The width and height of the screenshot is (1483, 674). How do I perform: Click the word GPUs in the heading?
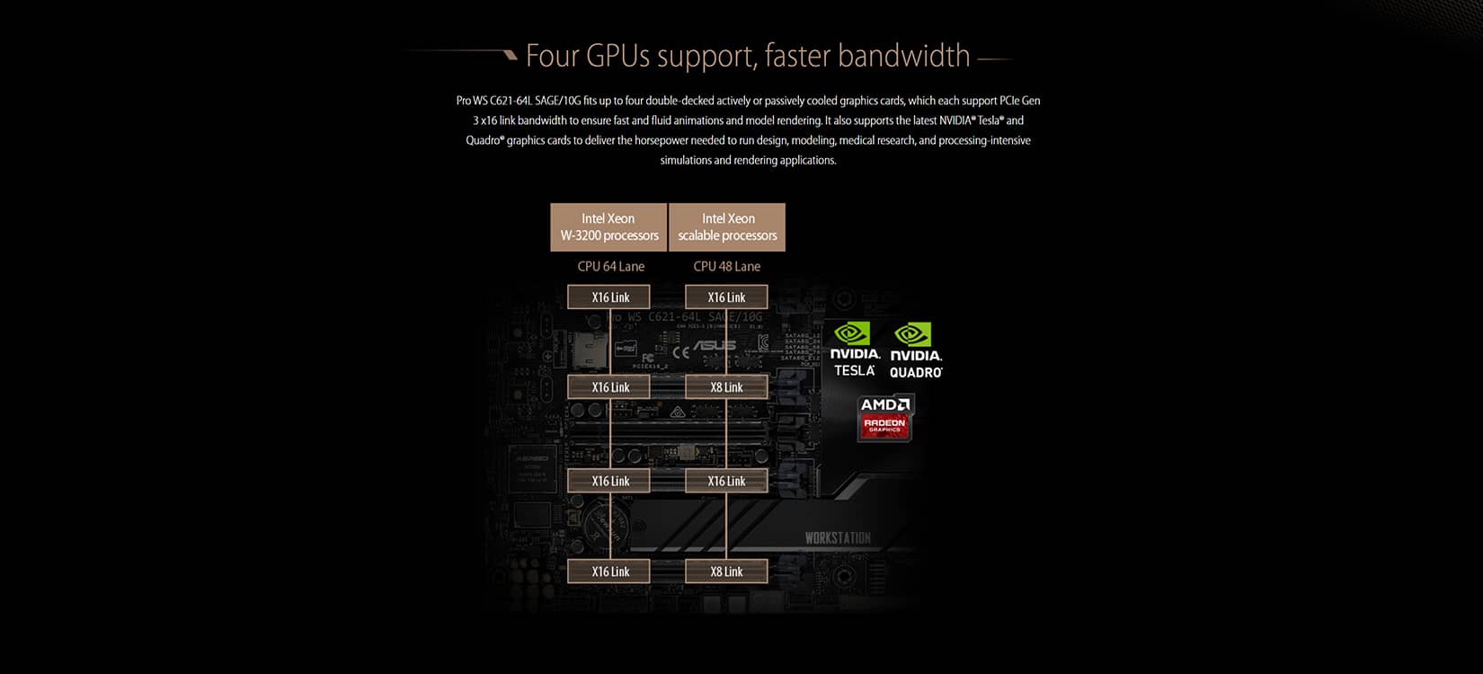tap(617, 56)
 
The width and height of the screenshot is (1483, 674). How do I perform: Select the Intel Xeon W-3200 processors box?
tap(608, 226)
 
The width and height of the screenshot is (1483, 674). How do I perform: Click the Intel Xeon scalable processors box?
tap(727, 226)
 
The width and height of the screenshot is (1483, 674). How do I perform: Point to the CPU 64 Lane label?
tap(610, 266)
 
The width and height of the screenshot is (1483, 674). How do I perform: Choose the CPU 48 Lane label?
tap(726, 266)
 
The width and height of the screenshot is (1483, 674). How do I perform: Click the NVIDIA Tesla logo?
tap(854, 350)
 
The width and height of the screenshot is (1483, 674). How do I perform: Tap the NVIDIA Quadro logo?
tap(915, 350)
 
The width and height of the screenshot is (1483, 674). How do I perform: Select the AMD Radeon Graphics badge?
tap(885, 418)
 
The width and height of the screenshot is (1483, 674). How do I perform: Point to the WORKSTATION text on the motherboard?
tap(838, 538)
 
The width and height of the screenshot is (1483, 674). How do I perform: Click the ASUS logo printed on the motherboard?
tap(715, 345)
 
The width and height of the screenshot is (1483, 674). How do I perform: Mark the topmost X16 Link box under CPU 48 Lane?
tap(726, 297)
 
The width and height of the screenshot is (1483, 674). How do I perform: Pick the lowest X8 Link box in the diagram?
tap(726, 572)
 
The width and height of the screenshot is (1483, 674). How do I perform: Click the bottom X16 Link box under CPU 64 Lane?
tap(610, 572)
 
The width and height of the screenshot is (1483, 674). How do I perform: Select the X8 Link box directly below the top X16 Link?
tap(726, 387)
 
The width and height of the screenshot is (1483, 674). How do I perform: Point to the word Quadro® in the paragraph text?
tap(484, 140)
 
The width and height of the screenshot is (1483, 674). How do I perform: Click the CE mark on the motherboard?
tap(681, 351)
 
